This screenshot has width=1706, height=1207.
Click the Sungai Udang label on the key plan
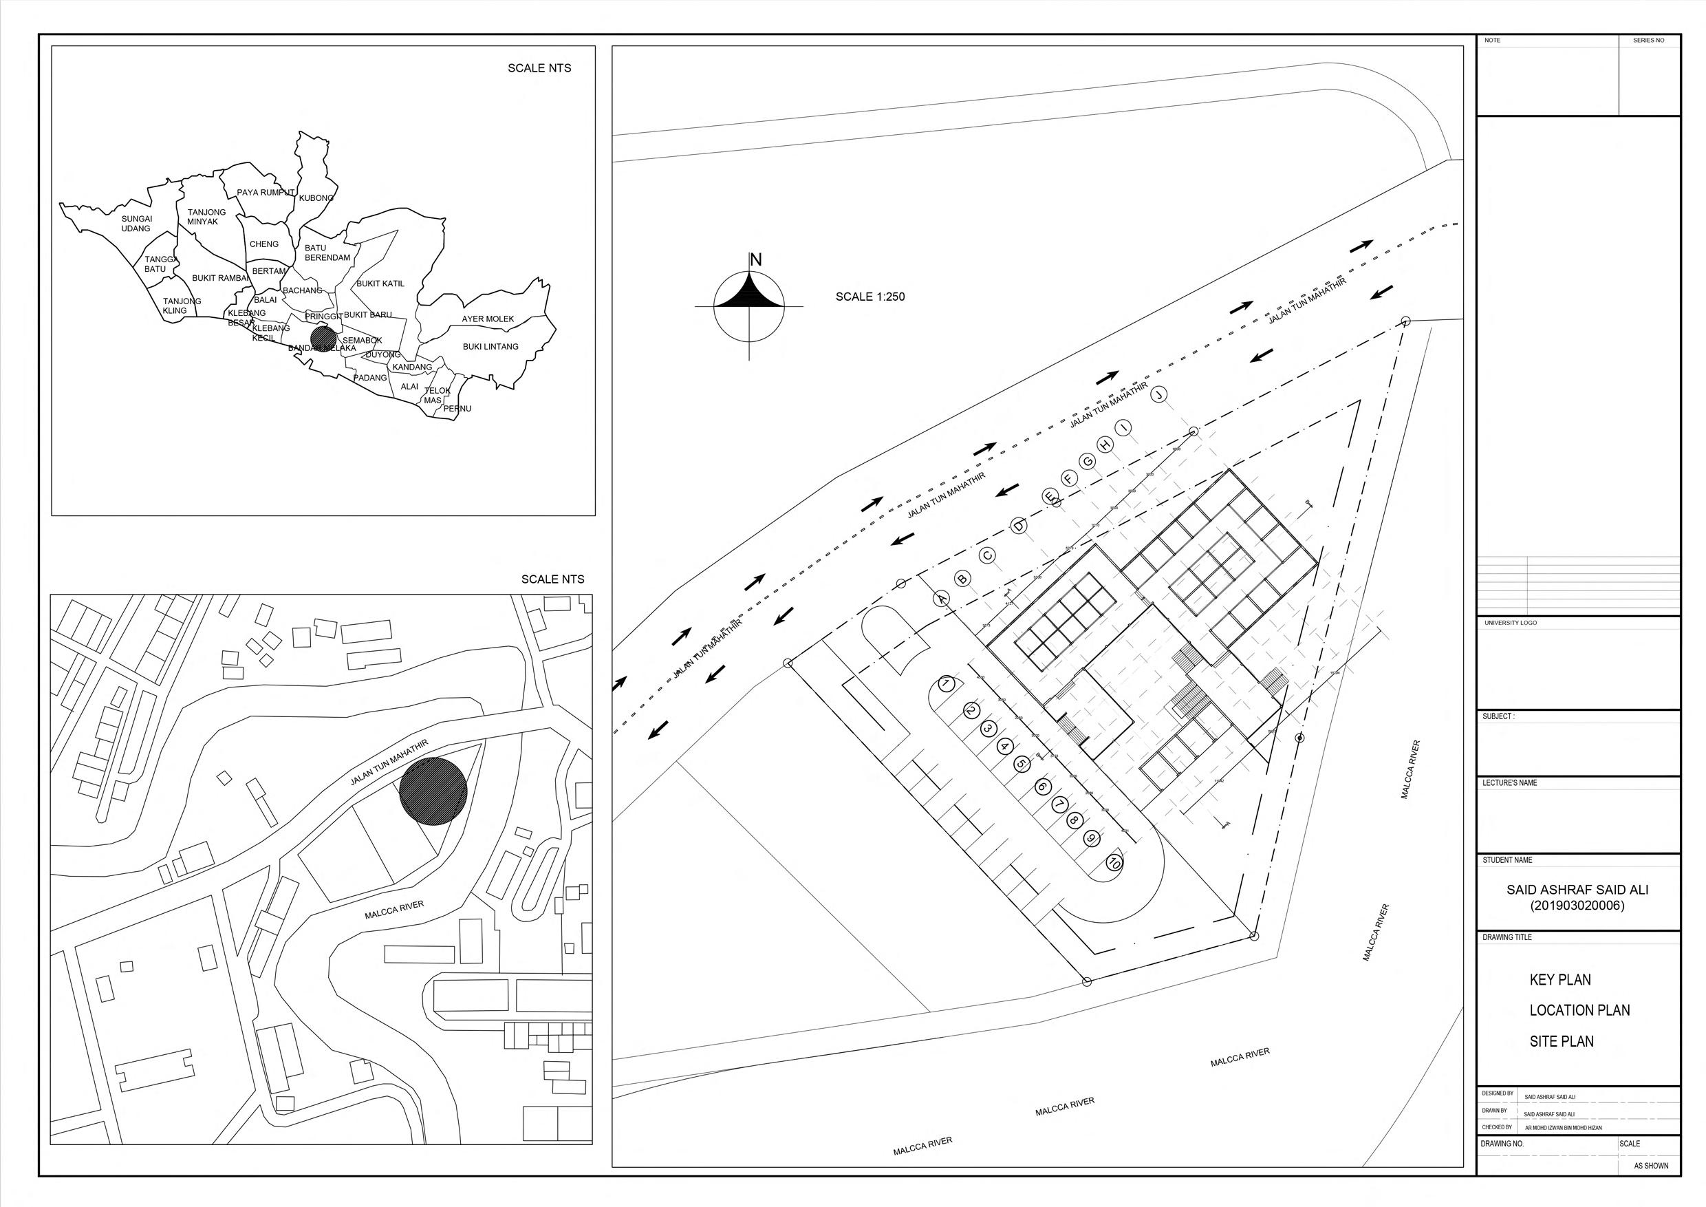(136, 224)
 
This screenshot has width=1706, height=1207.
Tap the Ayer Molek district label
(488, 319)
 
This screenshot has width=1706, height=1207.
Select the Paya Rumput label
(266, 193)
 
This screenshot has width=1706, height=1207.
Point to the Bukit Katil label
(380, 283)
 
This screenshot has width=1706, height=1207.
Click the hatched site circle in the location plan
(433, 791)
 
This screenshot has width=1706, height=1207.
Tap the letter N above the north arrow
(756, 259)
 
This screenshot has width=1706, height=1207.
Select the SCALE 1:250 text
(870, 297)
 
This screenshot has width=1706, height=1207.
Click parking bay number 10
(1113, 863)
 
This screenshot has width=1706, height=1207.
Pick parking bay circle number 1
(946, 684)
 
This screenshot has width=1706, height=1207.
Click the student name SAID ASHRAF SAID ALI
(1577, 890)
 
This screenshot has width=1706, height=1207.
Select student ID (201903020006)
(1577, 906)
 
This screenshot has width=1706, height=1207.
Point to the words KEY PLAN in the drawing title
(1559, 980)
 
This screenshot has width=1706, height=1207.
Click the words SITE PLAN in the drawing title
(1561, 1041)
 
